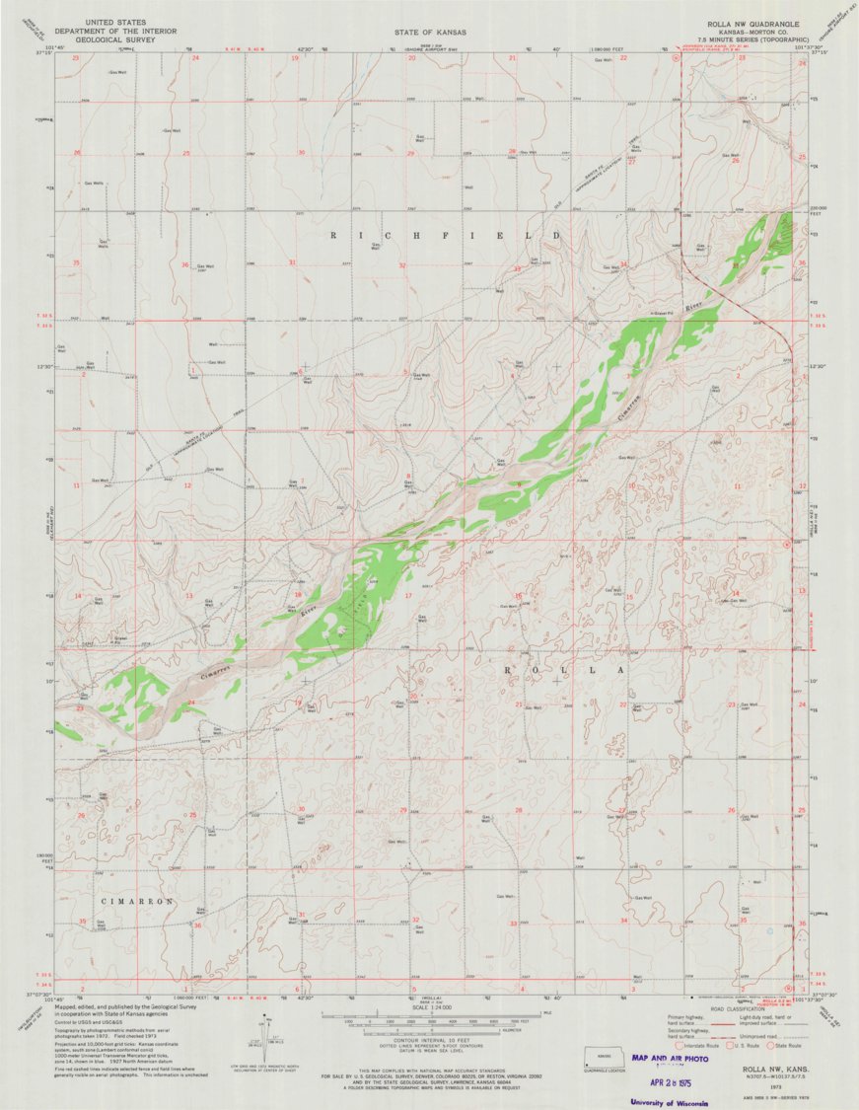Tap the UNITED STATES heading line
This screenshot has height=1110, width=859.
point(117,20)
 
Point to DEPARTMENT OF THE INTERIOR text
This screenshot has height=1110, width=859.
point(117,30)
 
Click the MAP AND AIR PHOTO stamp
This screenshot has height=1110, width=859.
point(671,1058)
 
